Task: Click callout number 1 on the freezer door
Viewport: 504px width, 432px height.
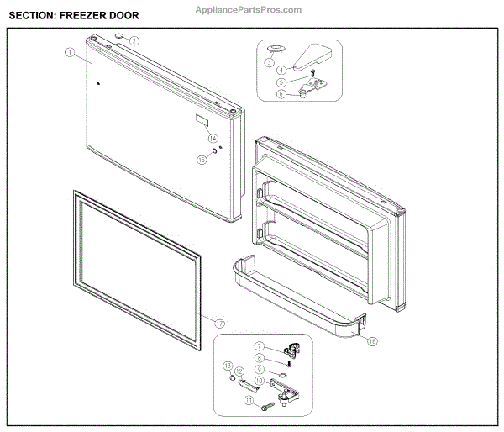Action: tap(69, 52)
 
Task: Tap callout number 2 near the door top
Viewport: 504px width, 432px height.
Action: tap(134, 40)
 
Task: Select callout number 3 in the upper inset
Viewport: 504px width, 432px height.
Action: tap(270, 62)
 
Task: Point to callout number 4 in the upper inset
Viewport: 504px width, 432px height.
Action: tap(282, 69)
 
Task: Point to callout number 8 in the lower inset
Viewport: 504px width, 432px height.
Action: tap(260, 358)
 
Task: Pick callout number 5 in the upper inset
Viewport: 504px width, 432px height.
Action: tap(282, 82)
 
